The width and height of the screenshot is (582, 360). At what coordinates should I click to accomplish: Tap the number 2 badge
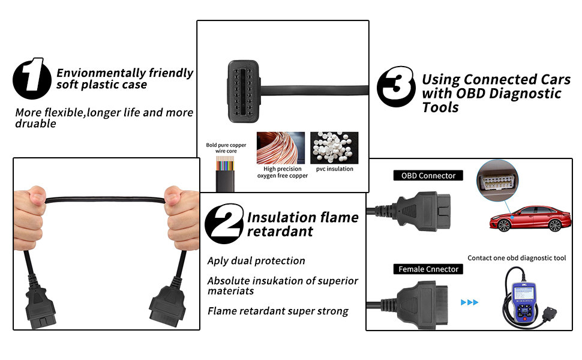224,224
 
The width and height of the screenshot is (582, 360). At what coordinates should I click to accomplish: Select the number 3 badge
396,88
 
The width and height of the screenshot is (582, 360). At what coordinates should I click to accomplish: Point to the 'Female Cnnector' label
428,269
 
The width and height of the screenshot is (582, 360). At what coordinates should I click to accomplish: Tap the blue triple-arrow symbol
469,302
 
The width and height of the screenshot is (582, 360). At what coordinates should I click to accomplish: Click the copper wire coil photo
281,148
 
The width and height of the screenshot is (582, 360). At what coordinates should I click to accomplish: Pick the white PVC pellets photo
334,148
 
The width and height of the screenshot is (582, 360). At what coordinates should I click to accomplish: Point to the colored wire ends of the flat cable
226,165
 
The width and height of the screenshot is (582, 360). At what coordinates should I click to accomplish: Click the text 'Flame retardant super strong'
278,311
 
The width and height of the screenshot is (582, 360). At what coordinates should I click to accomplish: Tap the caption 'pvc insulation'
335,169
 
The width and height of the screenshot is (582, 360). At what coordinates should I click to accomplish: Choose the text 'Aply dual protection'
256,261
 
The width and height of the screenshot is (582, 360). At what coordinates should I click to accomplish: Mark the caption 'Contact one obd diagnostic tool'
517,258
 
